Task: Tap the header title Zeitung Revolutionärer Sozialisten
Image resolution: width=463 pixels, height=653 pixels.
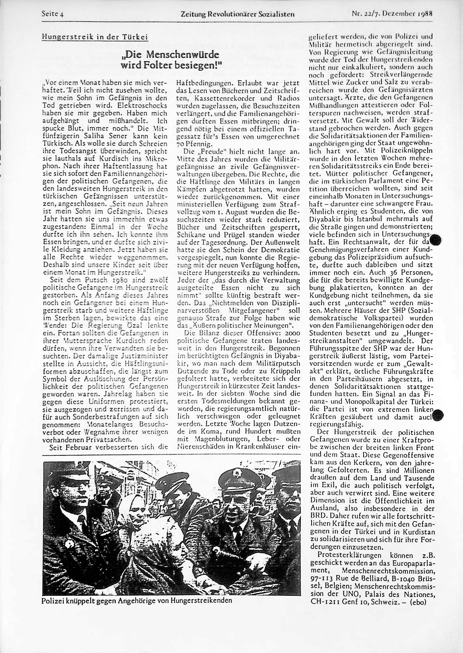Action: (238, 14)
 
